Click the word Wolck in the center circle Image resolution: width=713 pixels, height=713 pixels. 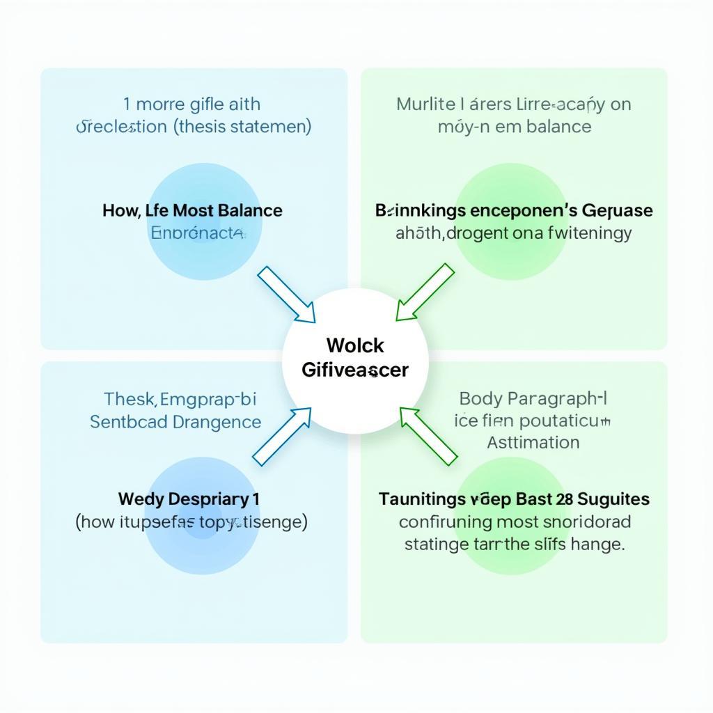coord(354,345)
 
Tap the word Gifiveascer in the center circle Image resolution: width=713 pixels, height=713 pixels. coord(354,370)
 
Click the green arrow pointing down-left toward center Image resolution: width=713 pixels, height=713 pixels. coord(425,293)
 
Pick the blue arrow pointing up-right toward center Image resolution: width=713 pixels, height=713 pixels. coord(282,436)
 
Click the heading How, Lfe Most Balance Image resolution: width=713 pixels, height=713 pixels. coord(192,210)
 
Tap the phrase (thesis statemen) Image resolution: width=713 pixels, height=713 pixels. coord(242,127)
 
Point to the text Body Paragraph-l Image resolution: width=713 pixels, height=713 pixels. coord(533,399)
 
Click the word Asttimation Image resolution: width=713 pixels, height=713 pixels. coord(533,442)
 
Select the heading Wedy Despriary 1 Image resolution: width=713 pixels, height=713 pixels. coord(188,499)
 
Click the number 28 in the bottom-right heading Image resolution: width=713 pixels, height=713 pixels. coord(565,499)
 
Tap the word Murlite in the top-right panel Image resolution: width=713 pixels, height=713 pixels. coord(423,104)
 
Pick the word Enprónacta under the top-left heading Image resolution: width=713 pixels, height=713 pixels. coord(197,233)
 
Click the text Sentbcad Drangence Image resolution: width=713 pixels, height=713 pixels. coord(175,421)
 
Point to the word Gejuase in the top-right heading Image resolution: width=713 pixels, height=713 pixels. coord(617,210)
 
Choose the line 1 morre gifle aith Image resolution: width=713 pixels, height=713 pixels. coord(192,104)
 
